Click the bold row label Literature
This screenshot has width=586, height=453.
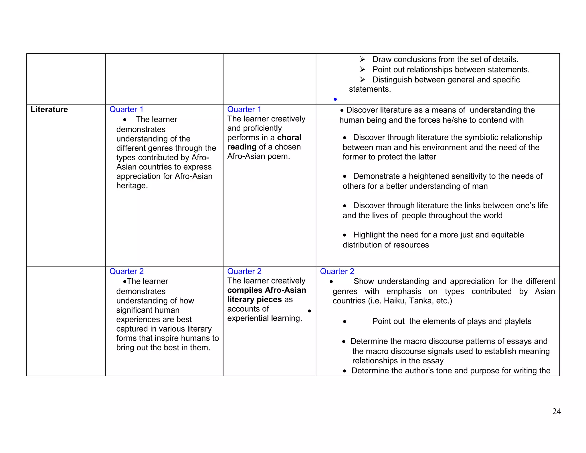coord(49,109)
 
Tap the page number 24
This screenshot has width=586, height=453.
coord(556,411)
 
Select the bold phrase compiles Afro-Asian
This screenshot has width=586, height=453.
coord(266,290)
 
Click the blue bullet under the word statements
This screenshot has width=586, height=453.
coord(335,99)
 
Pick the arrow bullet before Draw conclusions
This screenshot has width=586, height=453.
coord(362,60)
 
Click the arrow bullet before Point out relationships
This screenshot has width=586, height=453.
coord(362,70)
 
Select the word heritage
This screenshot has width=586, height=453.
coord(132,186)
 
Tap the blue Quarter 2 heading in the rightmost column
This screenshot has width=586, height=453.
coord(337,271)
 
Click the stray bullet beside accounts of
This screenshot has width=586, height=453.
coord(309,311)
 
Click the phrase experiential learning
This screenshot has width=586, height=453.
coord(264,318)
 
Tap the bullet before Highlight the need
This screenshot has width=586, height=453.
coord(345,235)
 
